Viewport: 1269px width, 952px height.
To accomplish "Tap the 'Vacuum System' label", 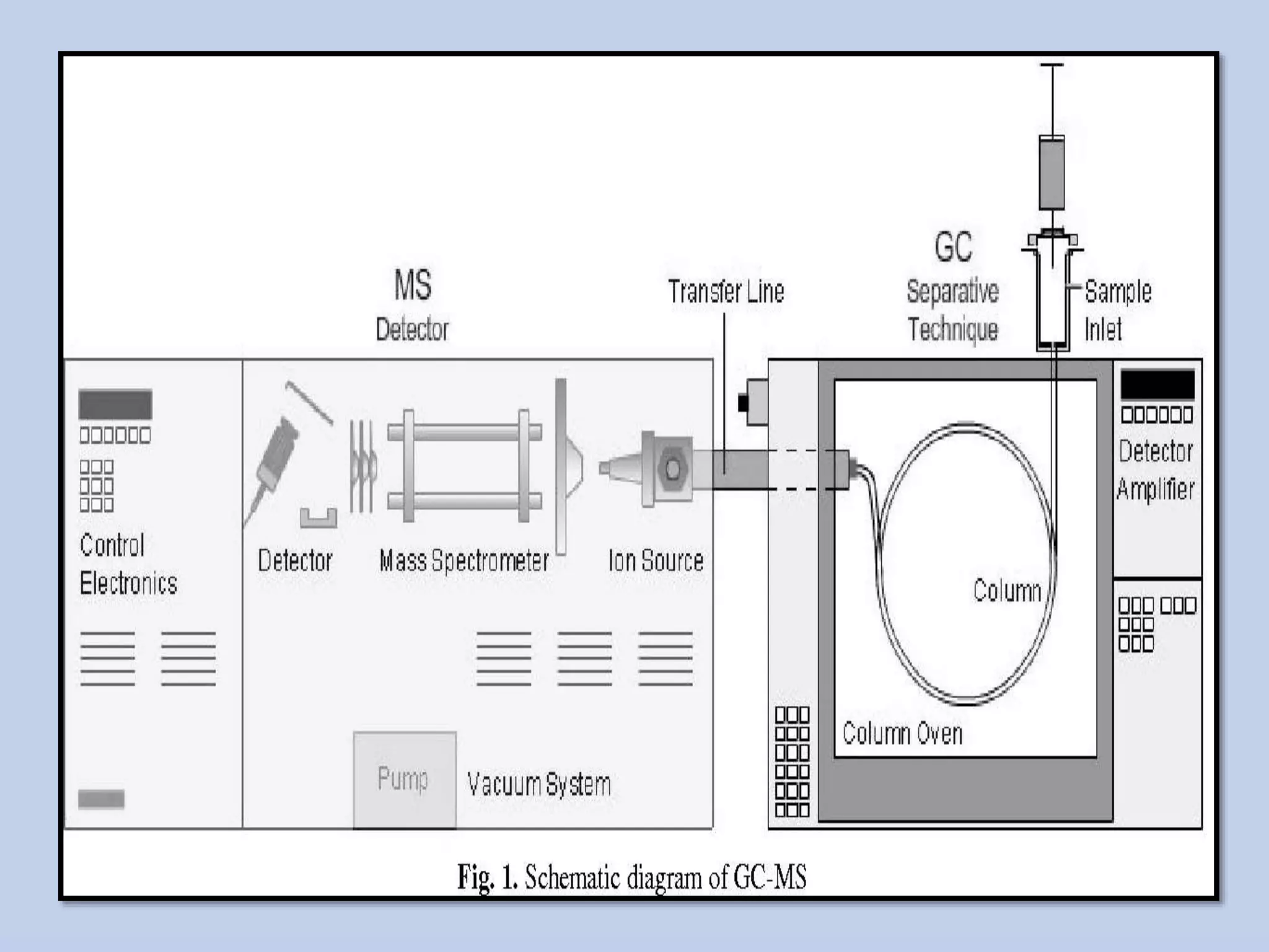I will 538,784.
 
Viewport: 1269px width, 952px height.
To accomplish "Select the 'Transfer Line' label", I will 726,291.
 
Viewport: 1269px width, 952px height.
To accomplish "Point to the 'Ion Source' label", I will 656,560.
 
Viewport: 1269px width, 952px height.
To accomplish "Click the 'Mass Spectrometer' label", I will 463,560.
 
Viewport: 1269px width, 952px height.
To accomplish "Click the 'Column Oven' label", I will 902,734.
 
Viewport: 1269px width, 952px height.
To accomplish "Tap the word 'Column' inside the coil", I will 1007,590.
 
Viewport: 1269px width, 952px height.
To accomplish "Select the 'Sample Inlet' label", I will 1117,310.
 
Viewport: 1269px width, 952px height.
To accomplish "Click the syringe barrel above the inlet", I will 1052,174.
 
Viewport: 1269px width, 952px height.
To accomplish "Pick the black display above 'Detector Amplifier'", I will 1157,384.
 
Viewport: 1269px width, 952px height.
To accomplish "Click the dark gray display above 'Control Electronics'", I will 115,404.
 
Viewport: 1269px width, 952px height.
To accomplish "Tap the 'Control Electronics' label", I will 128,564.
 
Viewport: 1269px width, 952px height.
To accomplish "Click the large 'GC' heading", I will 953,247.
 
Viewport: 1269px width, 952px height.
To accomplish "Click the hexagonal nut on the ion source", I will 672,469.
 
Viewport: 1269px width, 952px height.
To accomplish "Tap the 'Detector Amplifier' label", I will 1156,470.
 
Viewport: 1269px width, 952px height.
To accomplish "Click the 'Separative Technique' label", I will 952,310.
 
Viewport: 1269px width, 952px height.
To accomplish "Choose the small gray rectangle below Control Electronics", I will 101,799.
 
